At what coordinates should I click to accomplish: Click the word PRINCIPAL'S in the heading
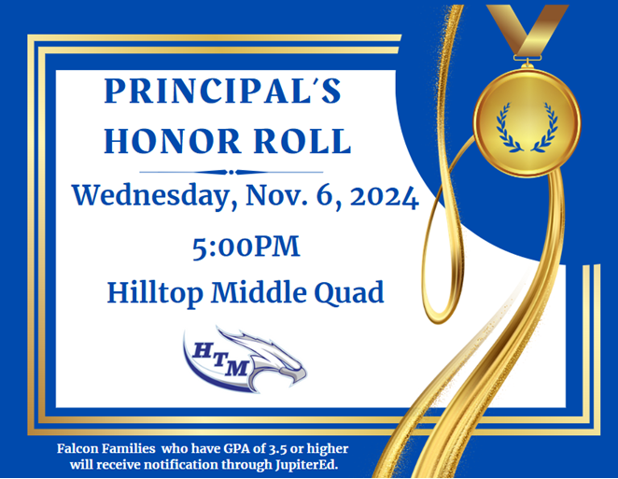coord(223,92)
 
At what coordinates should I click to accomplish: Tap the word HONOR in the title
coord(173,141)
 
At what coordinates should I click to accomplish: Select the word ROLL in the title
coord(302,141)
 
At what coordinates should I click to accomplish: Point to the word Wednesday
coord(150,196)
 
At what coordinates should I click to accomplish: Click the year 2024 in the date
coord(385,196)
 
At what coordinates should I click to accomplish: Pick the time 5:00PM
coord(246,247)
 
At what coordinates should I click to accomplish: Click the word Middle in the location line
coord(259,292)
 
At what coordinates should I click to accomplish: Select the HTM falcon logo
coord(245,359)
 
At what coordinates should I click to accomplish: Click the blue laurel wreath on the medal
coord(527,127)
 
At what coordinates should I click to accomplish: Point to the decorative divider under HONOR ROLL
coord(232,172)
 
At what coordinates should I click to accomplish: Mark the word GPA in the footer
coord(238,448)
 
